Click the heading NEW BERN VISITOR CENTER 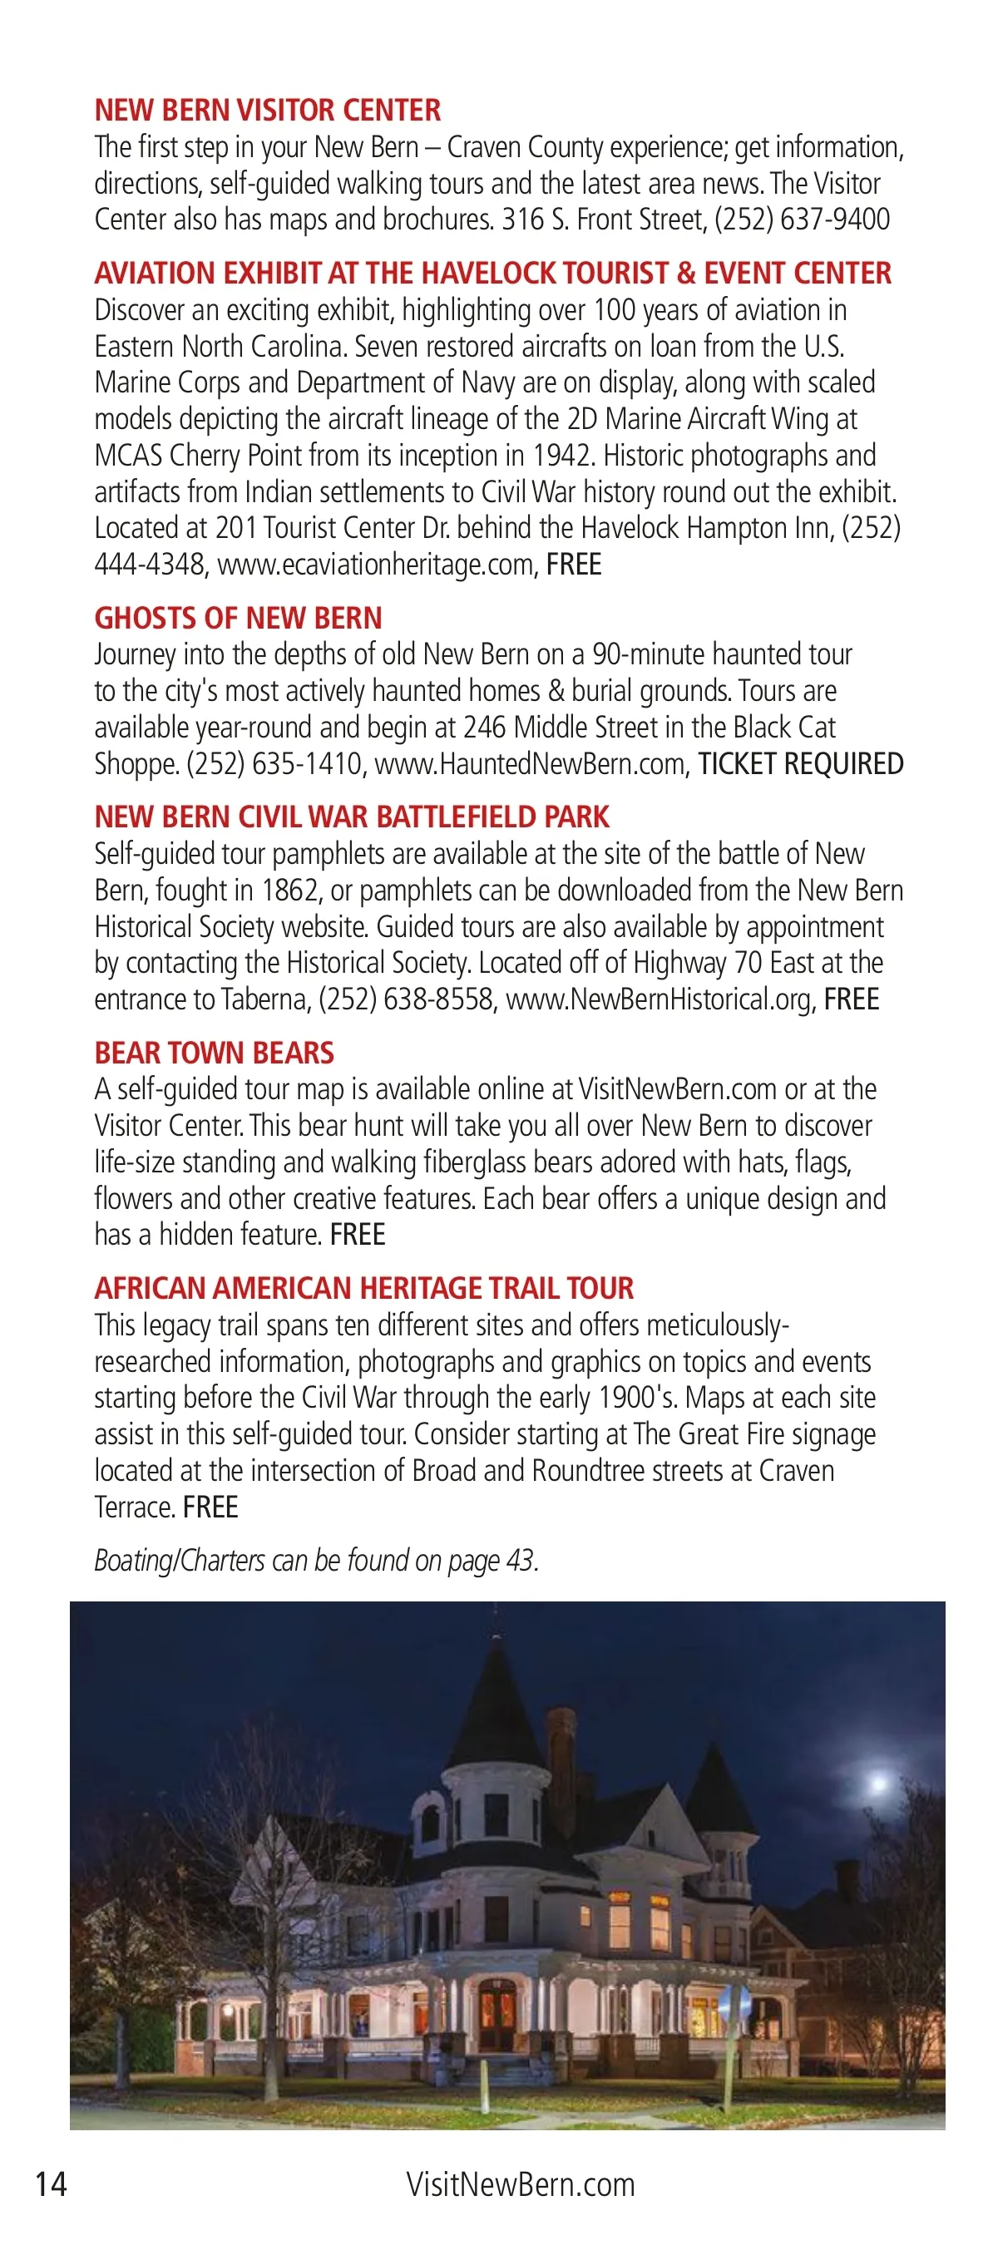(268, 111)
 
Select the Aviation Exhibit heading (492, 274)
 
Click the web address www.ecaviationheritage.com (375, 565)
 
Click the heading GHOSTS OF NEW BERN (238, 619)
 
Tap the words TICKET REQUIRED (800, 764)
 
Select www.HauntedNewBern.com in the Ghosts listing (529, 764)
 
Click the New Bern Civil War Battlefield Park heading (351, 817)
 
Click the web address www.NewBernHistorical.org (659, 999)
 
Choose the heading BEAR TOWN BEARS (215, 1053)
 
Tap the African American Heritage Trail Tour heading (363, 1289)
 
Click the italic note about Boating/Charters (316, 1561)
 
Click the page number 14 (51, 2184)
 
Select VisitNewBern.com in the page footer (521, 2185)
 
